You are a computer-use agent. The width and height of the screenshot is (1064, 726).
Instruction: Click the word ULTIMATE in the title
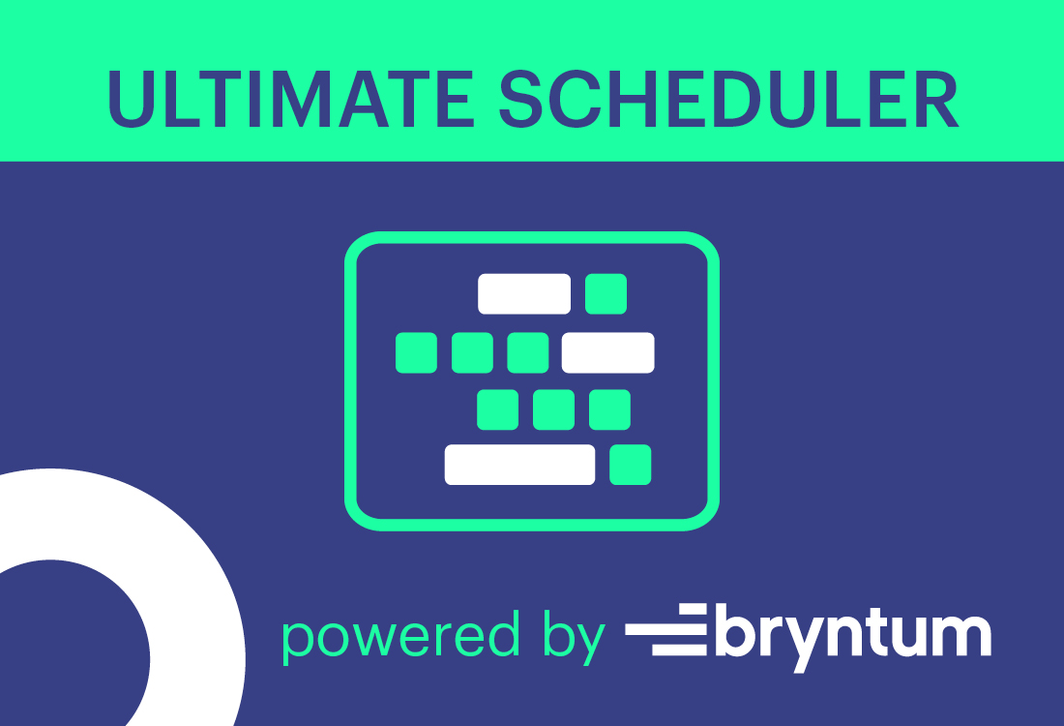click(x=291, y=99)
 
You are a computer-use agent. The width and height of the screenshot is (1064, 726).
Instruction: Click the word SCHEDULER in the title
click(x=729, y=99)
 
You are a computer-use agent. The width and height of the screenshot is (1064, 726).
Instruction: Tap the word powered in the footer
click(x=401, y=634)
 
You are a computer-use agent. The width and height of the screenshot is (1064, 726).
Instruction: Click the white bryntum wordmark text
click(x=854, y=638)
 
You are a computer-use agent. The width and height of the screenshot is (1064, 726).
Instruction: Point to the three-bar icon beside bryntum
click(x=665, y=629)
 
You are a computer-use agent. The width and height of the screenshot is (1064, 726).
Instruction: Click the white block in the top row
click(x=524, y=294)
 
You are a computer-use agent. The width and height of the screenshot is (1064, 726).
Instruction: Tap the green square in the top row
click(x=606, y=294)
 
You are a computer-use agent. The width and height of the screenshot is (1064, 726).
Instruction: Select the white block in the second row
click(x=608, y=352)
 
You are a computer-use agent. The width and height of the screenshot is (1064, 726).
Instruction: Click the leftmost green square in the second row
click(x=416, y=352)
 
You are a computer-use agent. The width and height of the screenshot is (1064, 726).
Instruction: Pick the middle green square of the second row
click(x=472, y=352)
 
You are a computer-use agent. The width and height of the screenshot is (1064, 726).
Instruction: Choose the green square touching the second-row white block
click(x=528, y=352)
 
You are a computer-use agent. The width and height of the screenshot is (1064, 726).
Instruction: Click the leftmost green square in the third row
click(x=497, y=409)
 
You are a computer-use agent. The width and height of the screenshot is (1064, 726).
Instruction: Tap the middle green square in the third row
click(x=553, y=409)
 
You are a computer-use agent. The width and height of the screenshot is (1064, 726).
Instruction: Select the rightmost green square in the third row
click(x=610, y=409)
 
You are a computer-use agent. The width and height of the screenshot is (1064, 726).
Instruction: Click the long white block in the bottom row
click(x=519, y=465)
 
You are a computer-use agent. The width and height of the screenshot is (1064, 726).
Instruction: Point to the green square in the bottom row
click(x=631, y=465)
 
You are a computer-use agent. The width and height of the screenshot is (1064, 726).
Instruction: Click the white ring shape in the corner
click(x=196, y=597)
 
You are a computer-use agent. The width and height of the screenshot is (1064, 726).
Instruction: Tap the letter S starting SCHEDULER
click(x=521, y=99)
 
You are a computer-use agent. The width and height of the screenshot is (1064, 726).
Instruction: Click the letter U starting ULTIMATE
click(x=132, y=100)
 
